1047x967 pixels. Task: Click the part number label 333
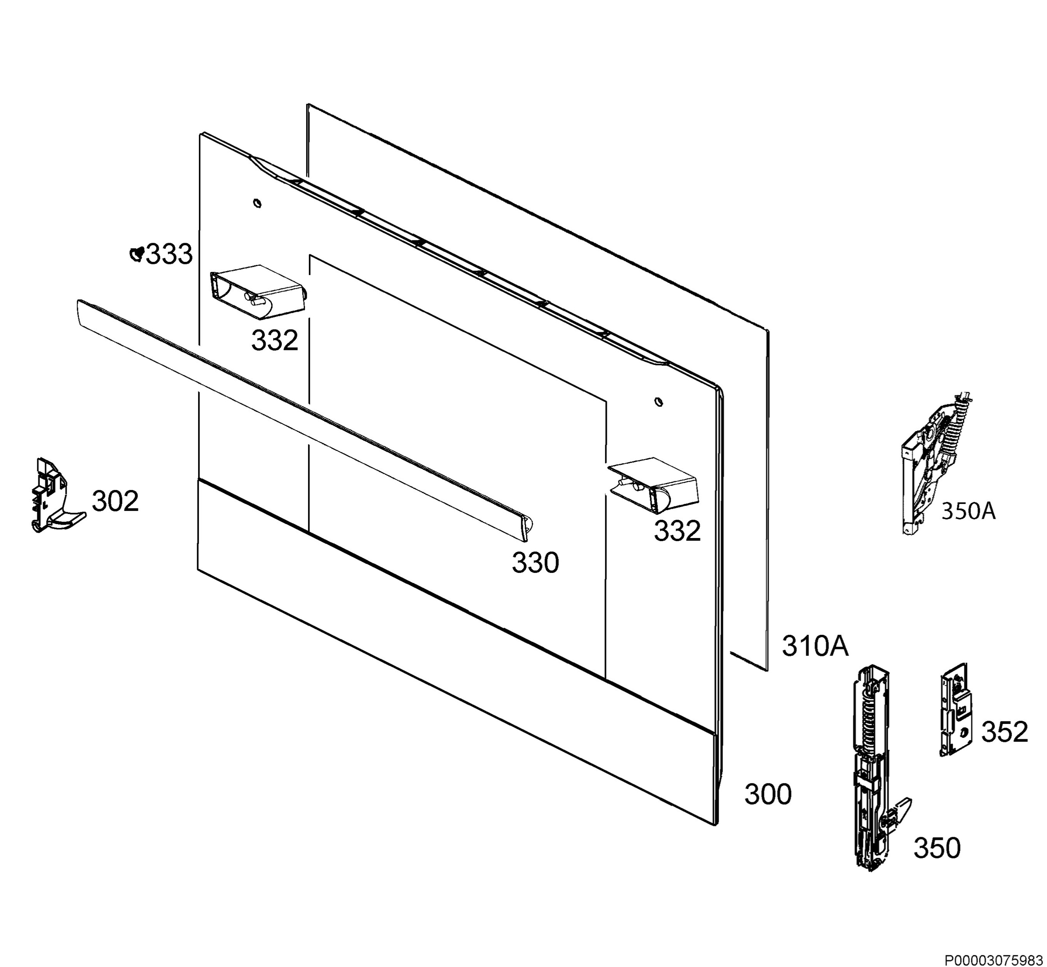click(x=169, y=255)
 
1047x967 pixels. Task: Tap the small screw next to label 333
click(x=137, y=254)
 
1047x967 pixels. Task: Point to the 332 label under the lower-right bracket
click(x=677, y=531)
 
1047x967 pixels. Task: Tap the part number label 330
click(x=535, y=563)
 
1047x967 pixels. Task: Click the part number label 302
click(x=116, y=501)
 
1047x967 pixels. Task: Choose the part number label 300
click(x=768, y=794)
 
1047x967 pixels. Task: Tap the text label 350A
click(x=968, y=511)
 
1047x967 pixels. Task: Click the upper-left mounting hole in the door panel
click(x=257, y=202)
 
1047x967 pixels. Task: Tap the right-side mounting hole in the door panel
click(x=658, y=401)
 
